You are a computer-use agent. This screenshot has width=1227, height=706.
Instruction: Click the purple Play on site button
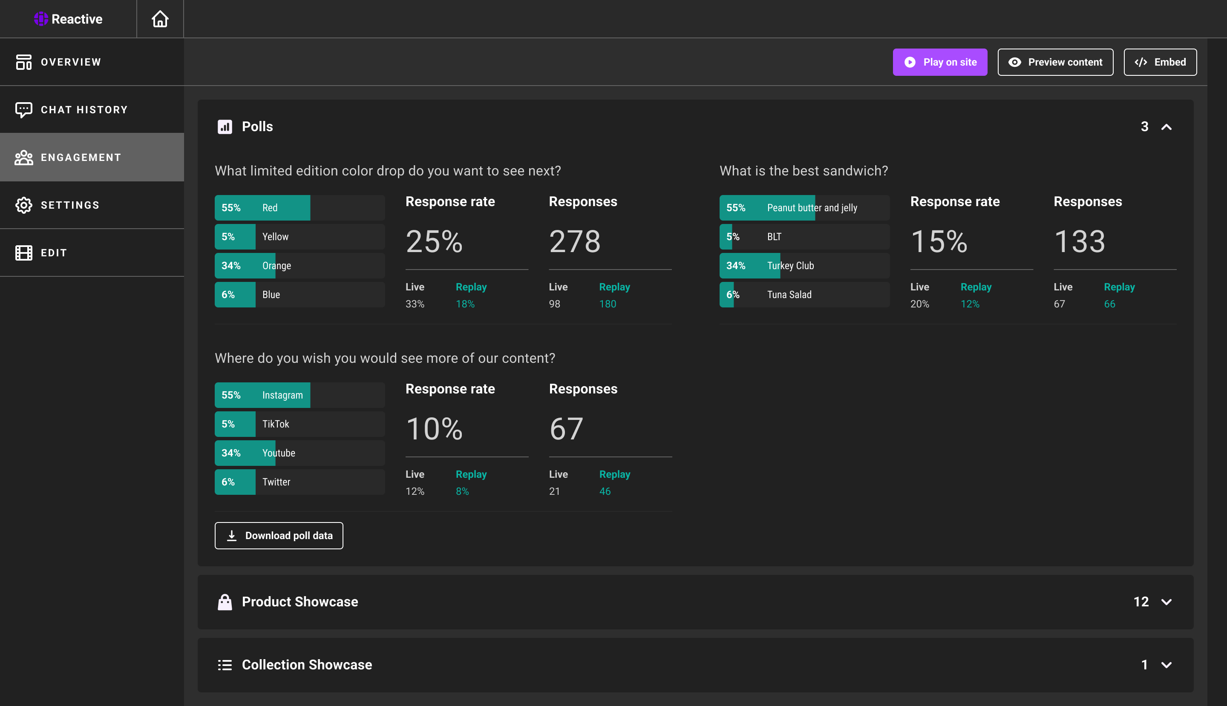(940, 62)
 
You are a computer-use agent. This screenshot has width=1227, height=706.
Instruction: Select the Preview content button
(1055, 62)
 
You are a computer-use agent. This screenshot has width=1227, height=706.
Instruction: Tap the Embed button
(1160, 62)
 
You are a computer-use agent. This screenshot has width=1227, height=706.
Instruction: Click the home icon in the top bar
(160, 19)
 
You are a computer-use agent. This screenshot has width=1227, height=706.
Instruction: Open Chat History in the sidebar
(84, 109)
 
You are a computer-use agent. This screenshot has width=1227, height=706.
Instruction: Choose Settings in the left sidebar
(70, 205)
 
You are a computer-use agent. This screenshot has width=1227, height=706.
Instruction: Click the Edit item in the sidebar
(53, 253)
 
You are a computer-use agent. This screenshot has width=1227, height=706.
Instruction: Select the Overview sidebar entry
(71, 62)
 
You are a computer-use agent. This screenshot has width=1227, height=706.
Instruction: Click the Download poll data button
(279, 535)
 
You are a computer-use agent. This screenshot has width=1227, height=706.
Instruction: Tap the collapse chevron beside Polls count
(1166, 127)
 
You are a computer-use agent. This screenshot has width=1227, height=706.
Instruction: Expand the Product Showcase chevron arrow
(1166, 602)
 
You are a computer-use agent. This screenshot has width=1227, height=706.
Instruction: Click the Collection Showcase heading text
(307, 664)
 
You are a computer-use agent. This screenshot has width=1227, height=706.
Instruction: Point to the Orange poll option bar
(300, 266)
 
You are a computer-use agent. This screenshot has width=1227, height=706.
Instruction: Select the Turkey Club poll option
(804, 266)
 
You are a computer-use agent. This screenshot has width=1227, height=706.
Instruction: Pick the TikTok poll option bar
(300, 424)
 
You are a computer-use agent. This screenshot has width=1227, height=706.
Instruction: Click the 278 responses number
(574, 241)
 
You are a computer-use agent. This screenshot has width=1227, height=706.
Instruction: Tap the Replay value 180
(608, 304)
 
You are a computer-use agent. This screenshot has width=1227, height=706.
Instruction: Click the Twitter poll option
(300, 482)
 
